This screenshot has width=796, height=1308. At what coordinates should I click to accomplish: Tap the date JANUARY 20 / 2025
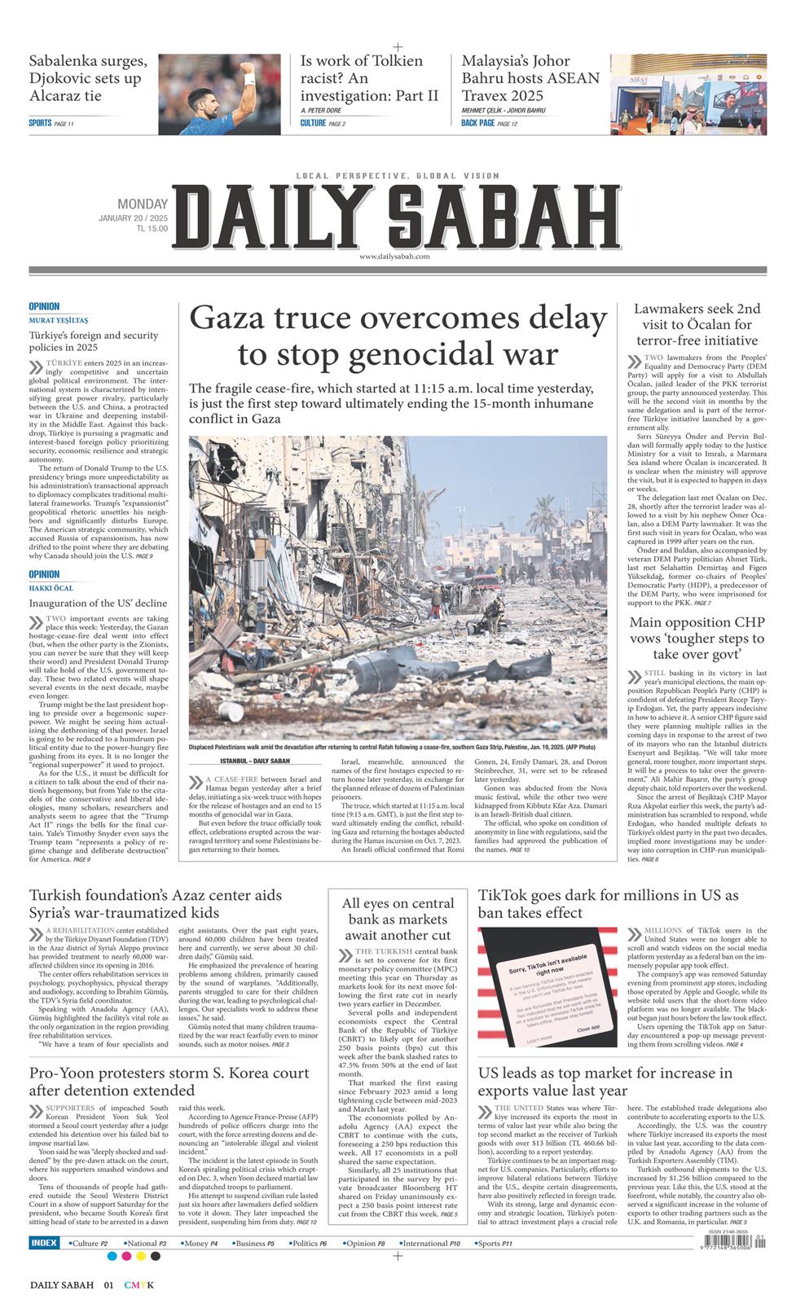pos(133,218)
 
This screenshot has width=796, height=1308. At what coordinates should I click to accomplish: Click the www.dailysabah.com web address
pos(394,257)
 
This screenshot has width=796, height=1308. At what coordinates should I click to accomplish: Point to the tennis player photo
pos(219,94)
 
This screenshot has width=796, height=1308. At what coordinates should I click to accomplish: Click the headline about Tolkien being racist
pos(369,78)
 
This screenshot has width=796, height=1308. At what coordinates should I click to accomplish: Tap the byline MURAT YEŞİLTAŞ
pos(59,320)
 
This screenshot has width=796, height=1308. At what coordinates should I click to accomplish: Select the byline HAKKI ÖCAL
pos(51,588)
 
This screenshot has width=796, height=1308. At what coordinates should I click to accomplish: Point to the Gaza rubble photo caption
pos(392,747)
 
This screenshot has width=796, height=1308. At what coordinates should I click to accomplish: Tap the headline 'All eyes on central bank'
pos(398,919)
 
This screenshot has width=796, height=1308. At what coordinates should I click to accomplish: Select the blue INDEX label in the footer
pos(44,1243)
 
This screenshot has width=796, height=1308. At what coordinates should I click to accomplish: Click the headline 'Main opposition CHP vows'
pos(697,638)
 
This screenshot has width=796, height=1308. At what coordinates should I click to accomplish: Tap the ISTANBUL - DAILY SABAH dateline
pos(255,761)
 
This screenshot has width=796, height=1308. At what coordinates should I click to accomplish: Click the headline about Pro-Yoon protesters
pos(169,1082)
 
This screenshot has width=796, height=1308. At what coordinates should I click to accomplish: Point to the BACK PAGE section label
pos(477,123)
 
